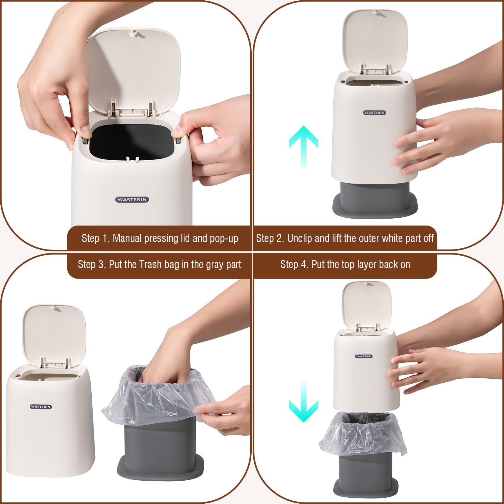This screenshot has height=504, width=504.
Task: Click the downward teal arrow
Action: click(303, 401)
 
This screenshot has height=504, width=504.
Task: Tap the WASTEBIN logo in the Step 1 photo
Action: click(132, 199)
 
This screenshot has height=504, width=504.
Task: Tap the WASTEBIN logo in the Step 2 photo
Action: click(375, 112)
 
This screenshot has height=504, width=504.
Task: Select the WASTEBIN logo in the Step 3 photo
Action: click(41, 407)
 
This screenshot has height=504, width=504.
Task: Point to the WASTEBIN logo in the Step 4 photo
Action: click(364, 356)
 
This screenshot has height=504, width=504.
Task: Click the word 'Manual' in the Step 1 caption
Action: click(127, 238)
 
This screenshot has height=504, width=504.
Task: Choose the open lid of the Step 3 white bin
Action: click(54, 334)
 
